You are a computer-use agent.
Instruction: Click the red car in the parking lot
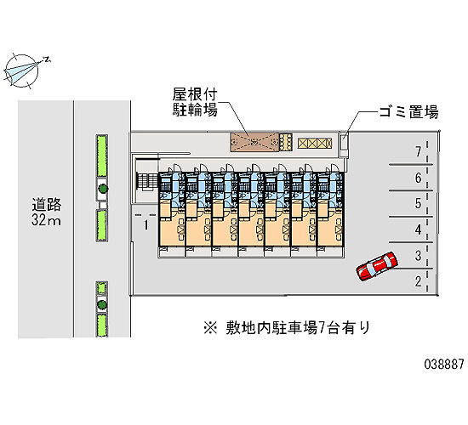[x=377, y=266]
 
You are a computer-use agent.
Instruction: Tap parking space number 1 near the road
[x=146, y=225]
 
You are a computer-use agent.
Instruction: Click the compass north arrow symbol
[x=22, y=71]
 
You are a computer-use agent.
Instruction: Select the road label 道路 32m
[x=47, y=212]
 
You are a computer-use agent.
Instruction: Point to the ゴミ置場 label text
[x=408, y=112]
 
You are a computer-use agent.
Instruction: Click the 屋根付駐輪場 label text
[x=195, y=102]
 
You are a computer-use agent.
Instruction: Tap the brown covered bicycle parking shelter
[x=254, y=142]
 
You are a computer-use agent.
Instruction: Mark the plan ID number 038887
[x=444, y=364]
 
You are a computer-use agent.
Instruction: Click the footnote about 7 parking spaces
[x=287, y=328]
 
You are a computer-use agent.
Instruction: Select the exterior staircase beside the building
[x=147, y=182]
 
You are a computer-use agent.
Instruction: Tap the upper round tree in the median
[x=103, y=189]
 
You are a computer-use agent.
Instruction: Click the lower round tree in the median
[x=102, y=304]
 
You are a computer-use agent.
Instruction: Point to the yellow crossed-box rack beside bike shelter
[x=315, y=143]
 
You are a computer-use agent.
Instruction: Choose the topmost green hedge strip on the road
[x=102, y=156]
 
